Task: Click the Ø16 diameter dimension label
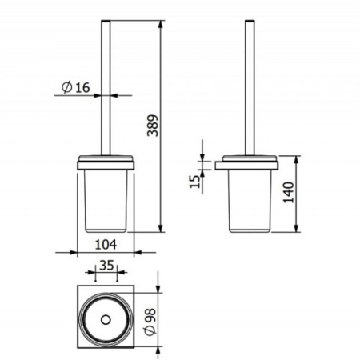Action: click(76, 87)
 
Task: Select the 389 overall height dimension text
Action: click(153, 126)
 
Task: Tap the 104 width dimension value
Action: click(106, 245)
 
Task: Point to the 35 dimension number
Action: click(106, 266)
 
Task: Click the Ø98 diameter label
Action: click(150, 322)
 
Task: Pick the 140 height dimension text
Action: click(289, 192)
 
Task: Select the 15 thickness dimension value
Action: click(195, 182)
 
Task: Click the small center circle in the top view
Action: click(106, 320)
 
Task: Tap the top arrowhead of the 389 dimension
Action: click(160, 24)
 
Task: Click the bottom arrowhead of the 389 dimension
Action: click(160, 228)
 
